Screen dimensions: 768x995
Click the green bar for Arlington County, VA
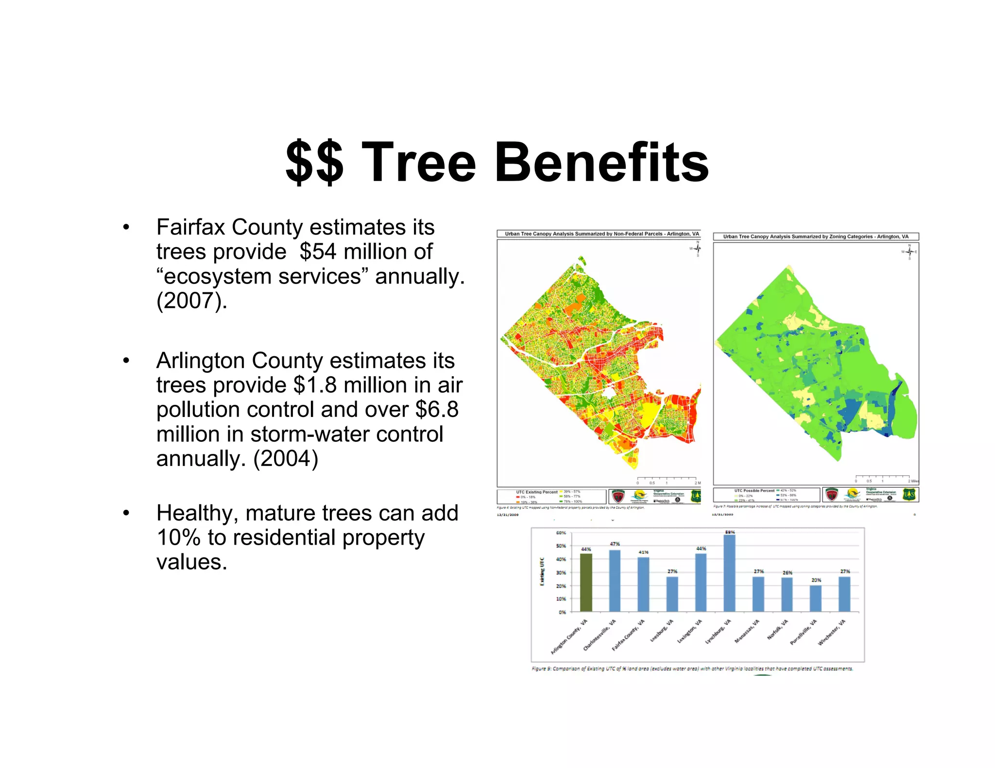click(586, 582)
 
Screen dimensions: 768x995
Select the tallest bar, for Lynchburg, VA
click(729, 573)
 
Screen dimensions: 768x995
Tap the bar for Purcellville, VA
click(816, 598)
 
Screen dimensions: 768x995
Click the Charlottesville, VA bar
click(615, 580)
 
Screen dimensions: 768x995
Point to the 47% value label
click(615, 544)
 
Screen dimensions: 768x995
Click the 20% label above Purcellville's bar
click(816, 580)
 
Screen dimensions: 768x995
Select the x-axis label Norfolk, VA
click(778, 630)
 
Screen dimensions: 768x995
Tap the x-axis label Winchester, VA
click(832, 633)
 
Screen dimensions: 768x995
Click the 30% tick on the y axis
click(561, 573)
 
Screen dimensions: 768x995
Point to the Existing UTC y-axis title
click(542, 571)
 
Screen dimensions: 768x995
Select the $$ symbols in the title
click(314, 162)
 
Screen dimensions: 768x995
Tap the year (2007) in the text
click(192, 301)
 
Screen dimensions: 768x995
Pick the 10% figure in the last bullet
click(178, 537)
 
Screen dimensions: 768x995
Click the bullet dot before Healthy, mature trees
click(126, 513)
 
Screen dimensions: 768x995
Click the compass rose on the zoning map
click(909, 252)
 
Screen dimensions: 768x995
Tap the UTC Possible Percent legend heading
click(754, 491)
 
